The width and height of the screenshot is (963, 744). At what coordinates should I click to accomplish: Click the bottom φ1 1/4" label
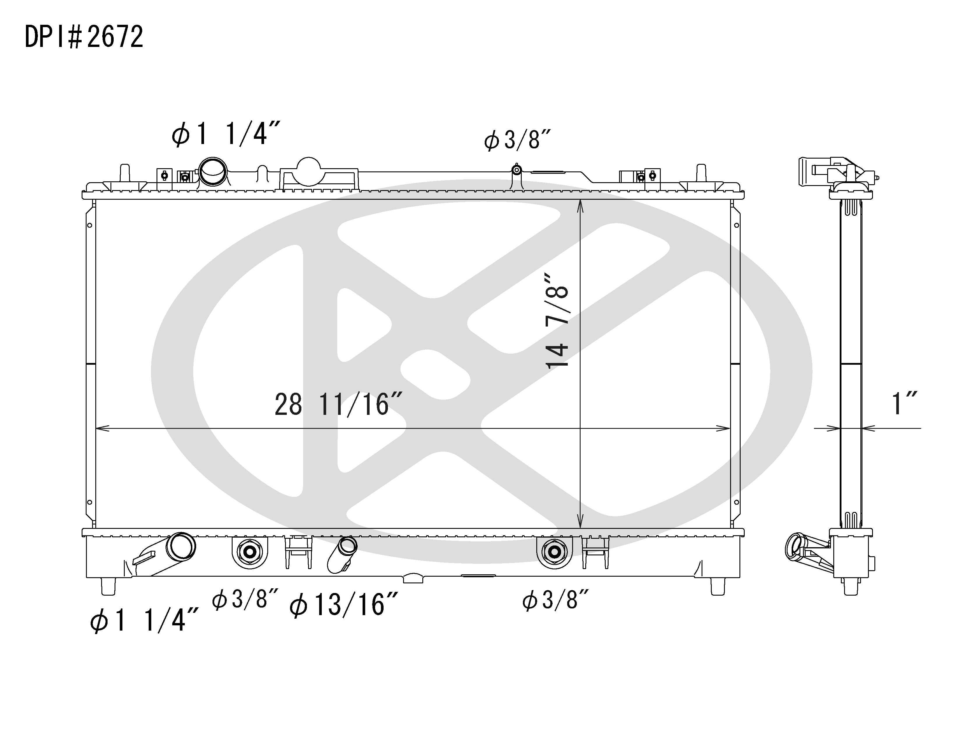coord(144,620)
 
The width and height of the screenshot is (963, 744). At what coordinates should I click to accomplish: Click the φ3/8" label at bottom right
coord(556,600)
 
